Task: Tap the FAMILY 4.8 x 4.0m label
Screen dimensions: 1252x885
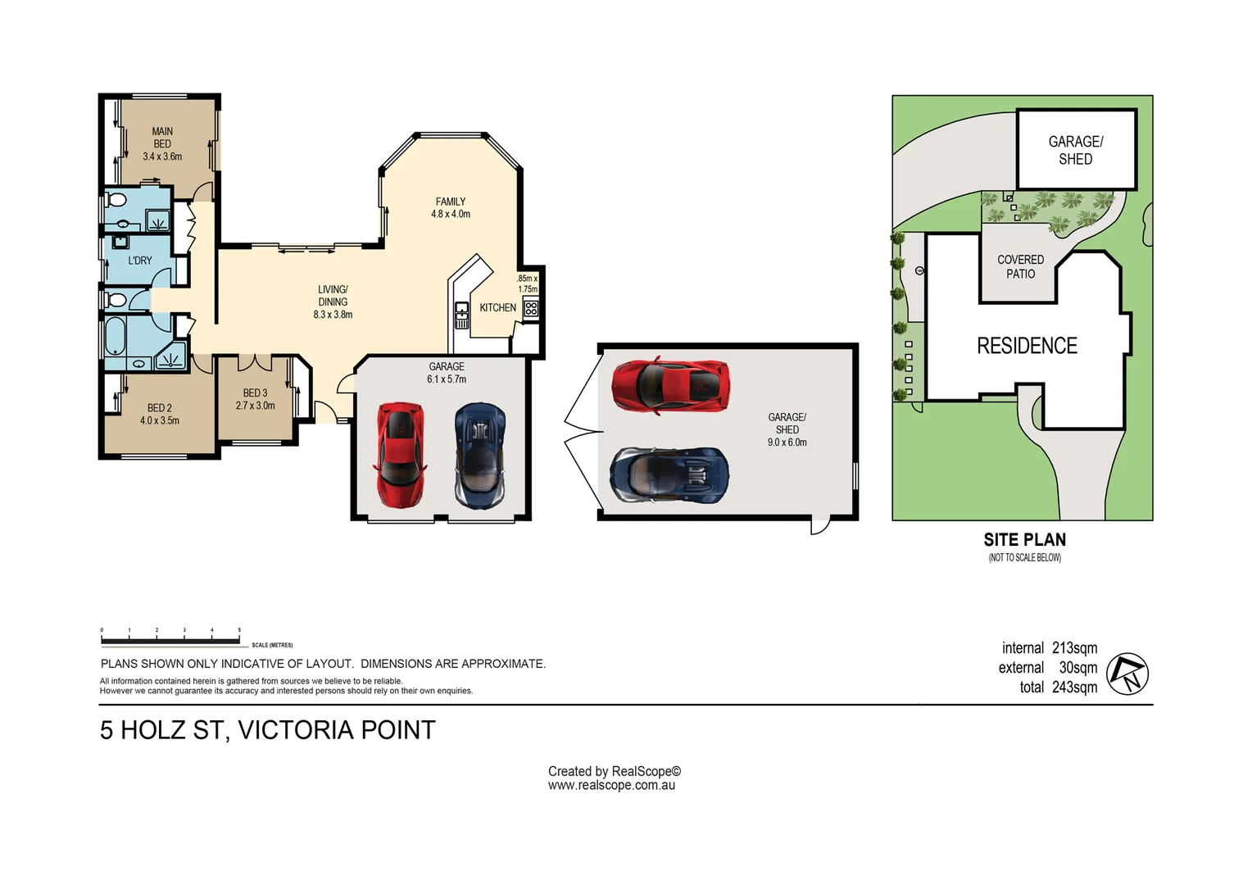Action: [451, 207]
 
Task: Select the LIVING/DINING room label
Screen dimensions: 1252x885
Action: [333, 295]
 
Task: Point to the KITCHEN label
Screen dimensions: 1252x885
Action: [497, 307]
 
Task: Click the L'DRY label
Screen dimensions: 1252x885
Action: [140, 261]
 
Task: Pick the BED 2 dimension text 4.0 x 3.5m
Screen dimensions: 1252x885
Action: [159, 420]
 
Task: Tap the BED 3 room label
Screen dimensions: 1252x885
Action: [255, 393]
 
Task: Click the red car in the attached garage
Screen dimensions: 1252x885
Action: [400, 455]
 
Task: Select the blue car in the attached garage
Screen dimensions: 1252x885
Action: [480, 456]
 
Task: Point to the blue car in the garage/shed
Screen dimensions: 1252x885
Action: [669, 474]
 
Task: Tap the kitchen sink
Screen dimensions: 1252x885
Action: [461, 315]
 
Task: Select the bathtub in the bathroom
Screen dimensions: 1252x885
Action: [116, 335]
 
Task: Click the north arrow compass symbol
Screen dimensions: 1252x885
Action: [1127, 674]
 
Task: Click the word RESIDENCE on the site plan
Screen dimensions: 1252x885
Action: [1027, 346]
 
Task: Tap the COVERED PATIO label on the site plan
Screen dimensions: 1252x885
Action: [1021, 266]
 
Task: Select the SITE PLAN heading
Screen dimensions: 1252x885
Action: [1024, 539]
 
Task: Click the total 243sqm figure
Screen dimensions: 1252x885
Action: [1059, 687]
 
